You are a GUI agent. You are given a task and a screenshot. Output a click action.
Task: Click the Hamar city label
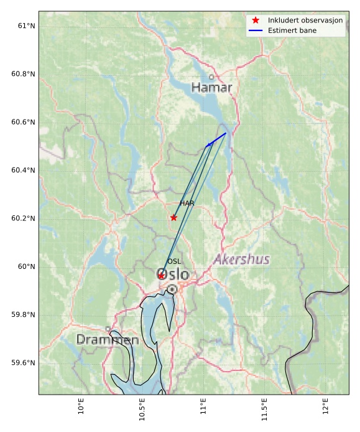pos(211,88)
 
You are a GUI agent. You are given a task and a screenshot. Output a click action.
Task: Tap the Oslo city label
pos(173,275)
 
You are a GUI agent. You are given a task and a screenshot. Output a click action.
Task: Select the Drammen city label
pos(108,340)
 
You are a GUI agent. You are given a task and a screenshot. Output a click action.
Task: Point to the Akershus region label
pos(242,260)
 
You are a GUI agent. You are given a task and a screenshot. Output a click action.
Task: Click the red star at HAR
pos(173,217)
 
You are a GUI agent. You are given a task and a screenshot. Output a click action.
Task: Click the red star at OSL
pos(161,275)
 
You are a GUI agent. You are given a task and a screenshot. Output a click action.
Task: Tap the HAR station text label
pos(187,204)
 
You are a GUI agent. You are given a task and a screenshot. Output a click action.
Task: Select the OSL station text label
pos(174,261)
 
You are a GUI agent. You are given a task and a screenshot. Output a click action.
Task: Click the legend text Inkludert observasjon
pos(305,21)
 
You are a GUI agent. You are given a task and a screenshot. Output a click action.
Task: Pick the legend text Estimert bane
pos(292,31)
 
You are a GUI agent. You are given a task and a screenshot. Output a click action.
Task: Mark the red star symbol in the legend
pos(256,21)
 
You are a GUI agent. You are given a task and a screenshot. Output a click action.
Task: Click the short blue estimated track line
pos(216,139)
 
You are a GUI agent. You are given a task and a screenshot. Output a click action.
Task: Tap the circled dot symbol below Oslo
pos(172,289)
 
